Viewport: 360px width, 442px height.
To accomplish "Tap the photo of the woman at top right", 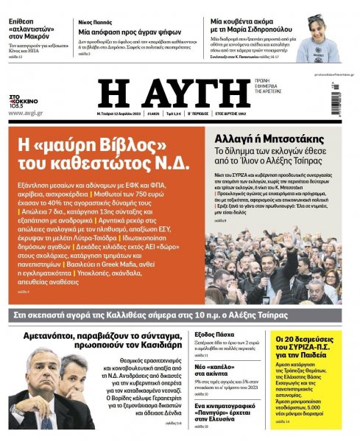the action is point(317,37).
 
